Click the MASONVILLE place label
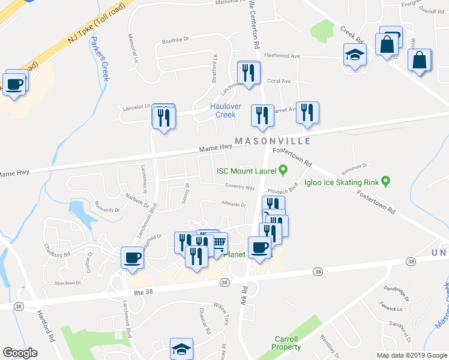click(x=273, y=141)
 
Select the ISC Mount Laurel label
click(x=243, y=170)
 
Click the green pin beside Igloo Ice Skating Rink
click(x=387, y=181)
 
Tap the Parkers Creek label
click(x=99, y=58)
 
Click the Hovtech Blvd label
click(x=283, y=190)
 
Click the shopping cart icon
click(x=219, y=243)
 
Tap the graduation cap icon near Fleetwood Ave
click(x=355, y=55)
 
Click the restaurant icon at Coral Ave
click(x=248, y=73)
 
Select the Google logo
click(x=20, y=353)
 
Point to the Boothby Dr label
click(x=175, y=40)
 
